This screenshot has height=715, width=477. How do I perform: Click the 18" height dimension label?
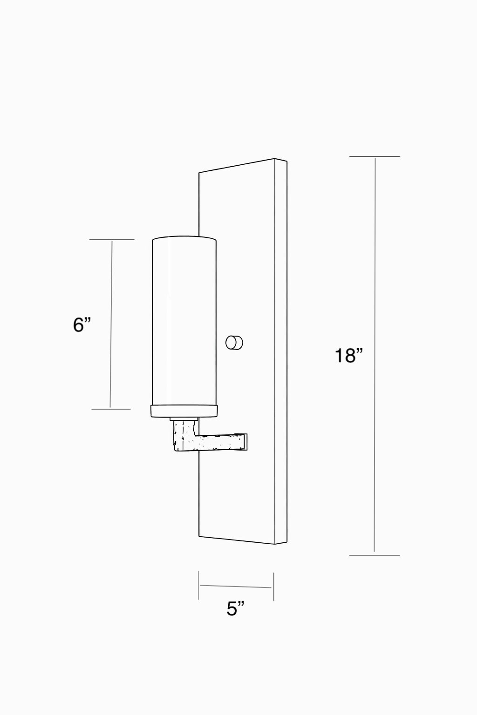[x=349, y=356]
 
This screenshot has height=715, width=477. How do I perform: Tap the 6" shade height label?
[x=82, y=325]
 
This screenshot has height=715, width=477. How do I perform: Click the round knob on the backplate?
[x=234, y=343]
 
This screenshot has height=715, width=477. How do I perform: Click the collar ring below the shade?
[x=184, y=411]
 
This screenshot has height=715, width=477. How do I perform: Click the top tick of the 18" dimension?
[x=375, y=156]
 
